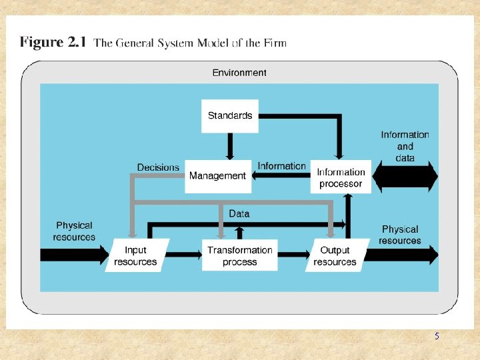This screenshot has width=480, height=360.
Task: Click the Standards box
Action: coord(230,115)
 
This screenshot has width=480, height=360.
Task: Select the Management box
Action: coord(217,176)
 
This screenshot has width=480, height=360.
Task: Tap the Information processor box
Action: coord(340,177)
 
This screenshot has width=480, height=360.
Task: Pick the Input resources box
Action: coord(136,255)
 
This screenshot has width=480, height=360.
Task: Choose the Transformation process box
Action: coord(239,255)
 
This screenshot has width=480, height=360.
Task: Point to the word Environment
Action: coord(239,73)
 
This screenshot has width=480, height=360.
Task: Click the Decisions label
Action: coord(158,167)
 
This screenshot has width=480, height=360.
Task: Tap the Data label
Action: coord(239,213)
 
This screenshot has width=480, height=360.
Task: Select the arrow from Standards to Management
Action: coord(230,146)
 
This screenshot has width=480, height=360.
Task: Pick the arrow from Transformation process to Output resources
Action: coord(293,255)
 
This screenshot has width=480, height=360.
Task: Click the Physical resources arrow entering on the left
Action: coord(73,255)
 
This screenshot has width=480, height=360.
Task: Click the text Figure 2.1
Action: coord(53,43)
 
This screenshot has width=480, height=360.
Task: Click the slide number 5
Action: coord(437,336)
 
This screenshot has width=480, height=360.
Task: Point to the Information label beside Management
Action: coord(281,166)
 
